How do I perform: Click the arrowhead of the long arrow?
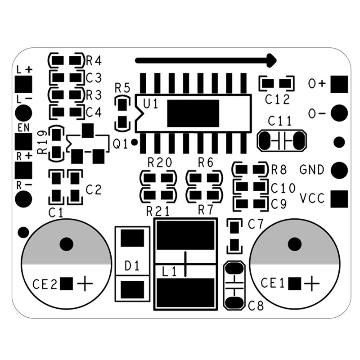[271, 59]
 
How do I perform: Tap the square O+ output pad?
[340, 84]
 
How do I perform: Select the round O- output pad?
[340, 112]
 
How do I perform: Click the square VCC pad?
[340, 198]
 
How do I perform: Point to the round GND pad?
[340, 170]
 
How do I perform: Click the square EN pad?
[23, 141]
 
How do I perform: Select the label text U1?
[150, 104]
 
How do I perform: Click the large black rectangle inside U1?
[193, 113]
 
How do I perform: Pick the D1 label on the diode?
[132, 266]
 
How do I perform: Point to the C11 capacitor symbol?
[282, 140]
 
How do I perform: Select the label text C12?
[277, 100]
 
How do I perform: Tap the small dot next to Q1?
[135, 144]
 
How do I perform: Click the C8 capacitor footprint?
[234, 286]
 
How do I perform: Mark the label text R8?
[279, 170]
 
